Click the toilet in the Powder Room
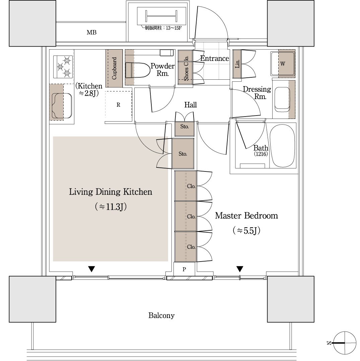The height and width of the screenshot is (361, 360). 137,70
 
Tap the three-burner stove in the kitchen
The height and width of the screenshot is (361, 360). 63,67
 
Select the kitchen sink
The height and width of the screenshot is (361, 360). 62,106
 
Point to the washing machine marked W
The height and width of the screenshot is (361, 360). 283,64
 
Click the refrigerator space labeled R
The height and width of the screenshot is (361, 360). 119,105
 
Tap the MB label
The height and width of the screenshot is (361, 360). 92,32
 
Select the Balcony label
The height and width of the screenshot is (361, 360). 161,315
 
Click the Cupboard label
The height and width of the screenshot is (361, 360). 114,68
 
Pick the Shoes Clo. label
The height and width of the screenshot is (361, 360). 186,68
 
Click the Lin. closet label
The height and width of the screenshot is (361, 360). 237,64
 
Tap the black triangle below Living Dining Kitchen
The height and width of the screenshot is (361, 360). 92,269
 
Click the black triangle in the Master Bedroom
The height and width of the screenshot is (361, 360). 240,269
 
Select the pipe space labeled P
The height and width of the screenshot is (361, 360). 184,269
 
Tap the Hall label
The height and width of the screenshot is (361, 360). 191,105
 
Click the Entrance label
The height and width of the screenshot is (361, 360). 215,59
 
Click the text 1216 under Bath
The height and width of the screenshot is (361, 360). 261,154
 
